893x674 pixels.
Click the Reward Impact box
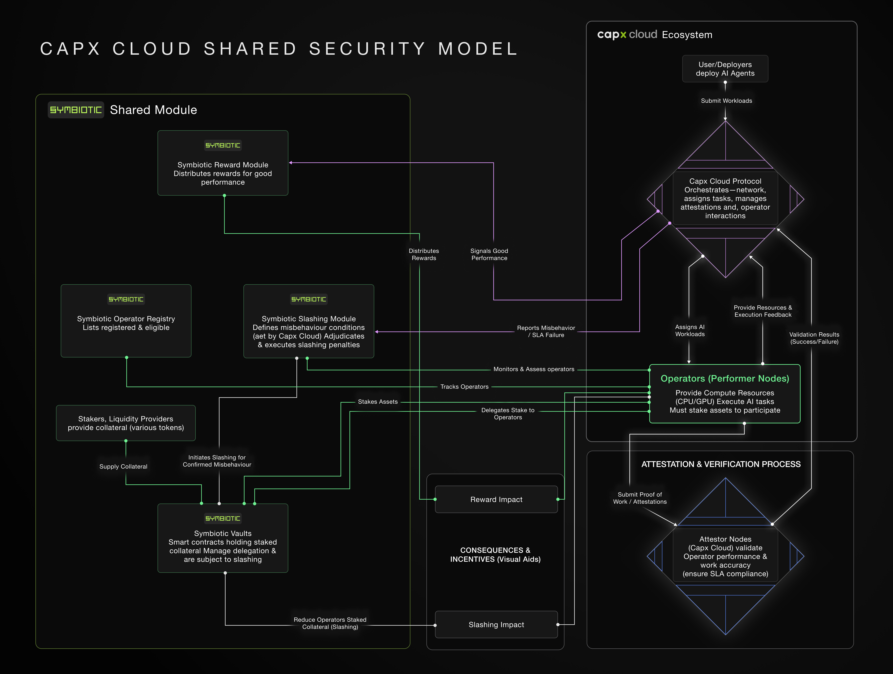pos(496,500)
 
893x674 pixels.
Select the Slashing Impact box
pos(496,625)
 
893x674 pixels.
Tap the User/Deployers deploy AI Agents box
pos(725,69)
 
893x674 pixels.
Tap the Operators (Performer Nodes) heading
pos(725,378)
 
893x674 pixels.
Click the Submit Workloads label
pos(726,101)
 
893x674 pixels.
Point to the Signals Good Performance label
pos(489,254)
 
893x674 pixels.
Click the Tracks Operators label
pos(464,386)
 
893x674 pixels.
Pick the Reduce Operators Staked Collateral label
pos(330,623)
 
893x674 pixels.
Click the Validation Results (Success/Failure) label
pos(814,338)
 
